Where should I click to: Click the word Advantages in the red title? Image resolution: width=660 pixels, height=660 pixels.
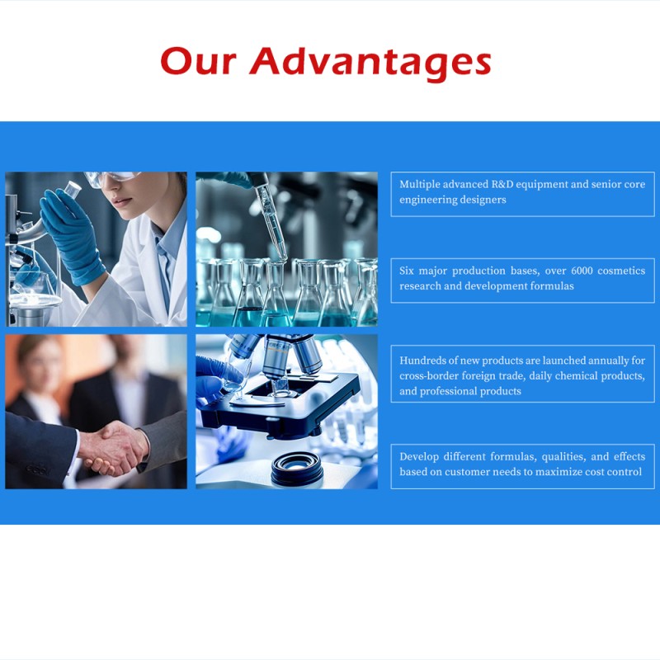pos(370,62)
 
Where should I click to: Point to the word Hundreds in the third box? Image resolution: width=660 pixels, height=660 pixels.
pos(425,361)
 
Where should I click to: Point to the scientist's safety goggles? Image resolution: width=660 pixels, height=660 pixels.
pos(111,178)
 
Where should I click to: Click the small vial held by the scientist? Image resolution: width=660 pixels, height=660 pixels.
pos(73,189)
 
